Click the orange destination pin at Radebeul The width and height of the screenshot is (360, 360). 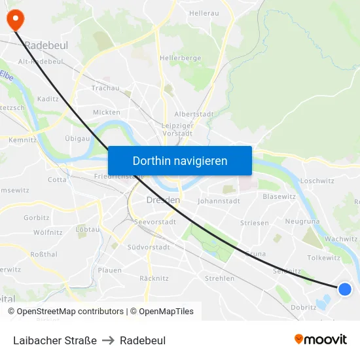[x=14, y=19]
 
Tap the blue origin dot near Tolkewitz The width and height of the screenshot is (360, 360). [x=345, y=289]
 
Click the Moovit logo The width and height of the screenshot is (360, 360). [x=321, y=340]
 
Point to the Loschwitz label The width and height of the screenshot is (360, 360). [x=317, y=181]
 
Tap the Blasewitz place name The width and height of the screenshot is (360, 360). [x=279, y=196]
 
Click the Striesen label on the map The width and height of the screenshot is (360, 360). [x=254, y=223]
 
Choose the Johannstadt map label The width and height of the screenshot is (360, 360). [x=219, y=201]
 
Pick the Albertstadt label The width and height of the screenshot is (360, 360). [x=194, y=114]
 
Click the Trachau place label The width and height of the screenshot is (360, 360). [x=105, y=88]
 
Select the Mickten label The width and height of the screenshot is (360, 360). [x=106, y=112]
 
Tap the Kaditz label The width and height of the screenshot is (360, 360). [x=48, y=99]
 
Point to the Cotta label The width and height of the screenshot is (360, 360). [x=57, y=179]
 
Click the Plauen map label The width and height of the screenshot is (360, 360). [x=109, y=270]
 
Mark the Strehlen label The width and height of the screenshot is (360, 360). [x=219, y=278]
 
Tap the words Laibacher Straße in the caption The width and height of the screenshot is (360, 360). [x=55, y=340]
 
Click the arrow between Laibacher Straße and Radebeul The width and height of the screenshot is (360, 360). [x=108, y=340]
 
